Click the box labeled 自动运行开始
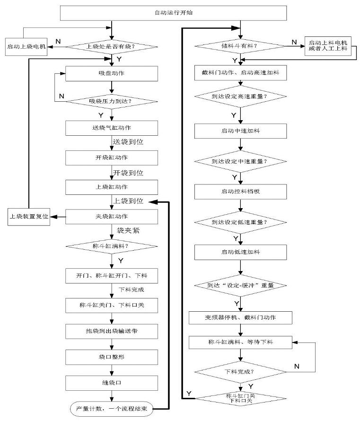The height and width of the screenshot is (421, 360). pos(173,13)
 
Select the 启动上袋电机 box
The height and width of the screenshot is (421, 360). pos(26,47)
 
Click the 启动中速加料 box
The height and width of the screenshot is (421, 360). pos(240,131)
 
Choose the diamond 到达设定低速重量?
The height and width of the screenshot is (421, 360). pos(240,221)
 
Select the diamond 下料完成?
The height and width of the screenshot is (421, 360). pos(240,371)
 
